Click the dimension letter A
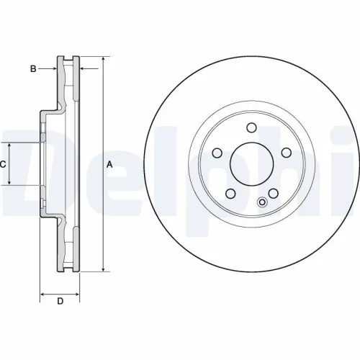pos(109,164)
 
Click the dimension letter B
pos(33,68)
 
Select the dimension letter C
pos(4,164)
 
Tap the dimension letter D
pos(60,300)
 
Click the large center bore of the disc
pos(252,162)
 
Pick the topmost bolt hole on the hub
pos(251,128)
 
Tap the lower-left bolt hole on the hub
pos(231,194)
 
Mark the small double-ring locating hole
pos(262,202)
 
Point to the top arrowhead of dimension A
pos(103,58)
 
